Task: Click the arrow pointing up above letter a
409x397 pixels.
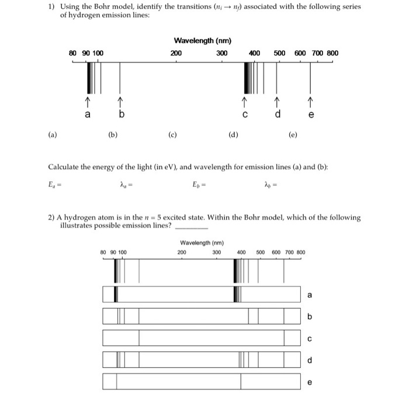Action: click(88, 103)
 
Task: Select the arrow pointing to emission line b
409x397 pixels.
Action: click(120, 103)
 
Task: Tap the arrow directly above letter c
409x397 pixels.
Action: click(245, 103)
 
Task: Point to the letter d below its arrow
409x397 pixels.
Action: click(278, 115)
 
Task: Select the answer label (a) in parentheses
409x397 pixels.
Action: click(52, 134)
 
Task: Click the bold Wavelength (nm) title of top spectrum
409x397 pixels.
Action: click(202, 41)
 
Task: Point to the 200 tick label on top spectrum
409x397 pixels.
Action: click(175, 53)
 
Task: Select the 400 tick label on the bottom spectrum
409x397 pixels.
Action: click(241, 253)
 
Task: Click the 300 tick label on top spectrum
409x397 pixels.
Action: click(221, 53)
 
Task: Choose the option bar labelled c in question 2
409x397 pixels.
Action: click(202, 338)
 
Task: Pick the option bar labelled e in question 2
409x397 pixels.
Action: click(202, 381)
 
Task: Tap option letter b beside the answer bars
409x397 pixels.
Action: click(310, 316)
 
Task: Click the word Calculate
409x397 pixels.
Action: click(63, 167)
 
